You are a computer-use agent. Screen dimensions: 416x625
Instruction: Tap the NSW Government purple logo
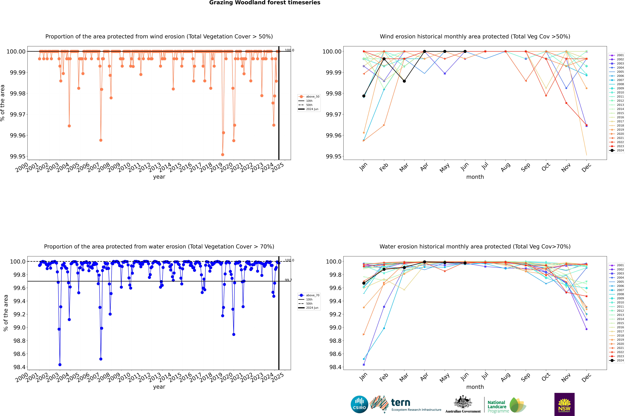(564, 404)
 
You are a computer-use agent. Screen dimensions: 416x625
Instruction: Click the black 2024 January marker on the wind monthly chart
(364, 96)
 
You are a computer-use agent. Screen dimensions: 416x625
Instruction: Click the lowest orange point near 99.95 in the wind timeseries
(223, 155)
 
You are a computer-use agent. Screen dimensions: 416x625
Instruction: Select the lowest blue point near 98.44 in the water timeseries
(60, 365)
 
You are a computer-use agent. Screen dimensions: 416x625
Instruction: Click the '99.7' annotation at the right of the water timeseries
(288, 280)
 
